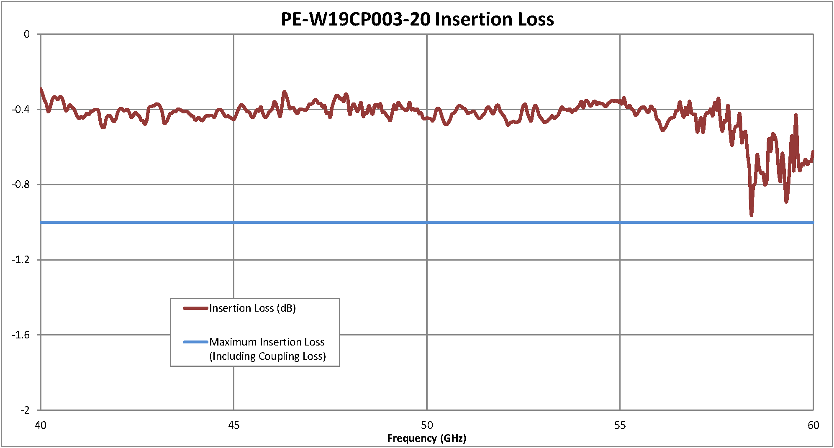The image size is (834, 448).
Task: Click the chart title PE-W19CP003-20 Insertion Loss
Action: click(417, 19)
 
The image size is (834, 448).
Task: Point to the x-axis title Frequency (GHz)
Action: click(426, 438)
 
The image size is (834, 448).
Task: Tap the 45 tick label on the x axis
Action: click(234, 425)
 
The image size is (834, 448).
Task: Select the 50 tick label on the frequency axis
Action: click(426, 425)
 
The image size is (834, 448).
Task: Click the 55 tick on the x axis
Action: click(620, 425)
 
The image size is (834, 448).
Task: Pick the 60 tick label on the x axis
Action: click(813, 425)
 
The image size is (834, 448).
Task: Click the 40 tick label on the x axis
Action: click(41, 425)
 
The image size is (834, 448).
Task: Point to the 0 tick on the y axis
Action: click(27, 34)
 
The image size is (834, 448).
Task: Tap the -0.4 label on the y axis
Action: click(21, 110)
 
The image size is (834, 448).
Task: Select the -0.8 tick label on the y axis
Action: click(21, 184)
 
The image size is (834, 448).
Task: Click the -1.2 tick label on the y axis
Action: click(21, 260)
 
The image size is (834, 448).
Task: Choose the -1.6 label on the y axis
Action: click(21, 335)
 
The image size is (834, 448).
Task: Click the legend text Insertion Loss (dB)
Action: click(252, 308)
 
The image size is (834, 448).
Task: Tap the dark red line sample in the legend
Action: click(195, 308)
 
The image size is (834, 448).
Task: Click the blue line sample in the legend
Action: click(195, 342)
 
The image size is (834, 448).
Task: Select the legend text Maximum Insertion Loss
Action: click(267, 342)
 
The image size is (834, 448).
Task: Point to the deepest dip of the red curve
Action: click(752, 215)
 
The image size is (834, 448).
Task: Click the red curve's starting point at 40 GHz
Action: click(41, 89)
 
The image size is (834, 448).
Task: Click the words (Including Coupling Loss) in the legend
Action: click(267, 356)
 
